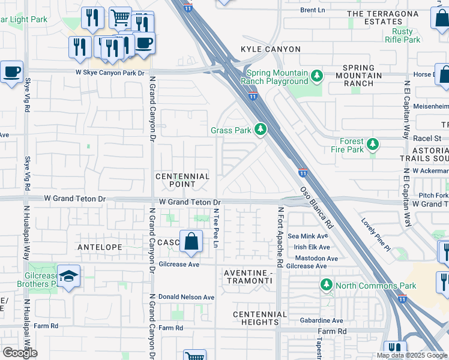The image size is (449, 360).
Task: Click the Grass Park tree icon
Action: coord(260,130)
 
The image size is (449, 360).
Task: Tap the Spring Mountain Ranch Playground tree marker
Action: coord(316,76)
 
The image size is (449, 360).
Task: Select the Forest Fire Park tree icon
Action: coord(373,144)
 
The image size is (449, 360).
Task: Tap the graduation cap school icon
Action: coord(69,275)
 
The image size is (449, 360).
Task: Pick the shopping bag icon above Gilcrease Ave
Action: coord(190,242)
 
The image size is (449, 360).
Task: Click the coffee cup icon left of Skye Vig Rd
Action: coord(11,72)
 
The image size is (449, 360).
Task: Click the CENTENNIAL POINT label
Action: coord(182,181)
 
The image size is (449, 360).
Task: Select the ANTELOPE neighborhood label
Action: coord(100,247)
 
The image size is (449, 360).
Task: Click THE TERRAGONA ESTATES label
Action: coord(382,17)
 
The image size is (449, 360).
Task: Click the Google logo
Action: coord(20,353)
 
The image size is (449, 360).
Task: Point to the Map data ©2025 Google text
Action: coord(411,355)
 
